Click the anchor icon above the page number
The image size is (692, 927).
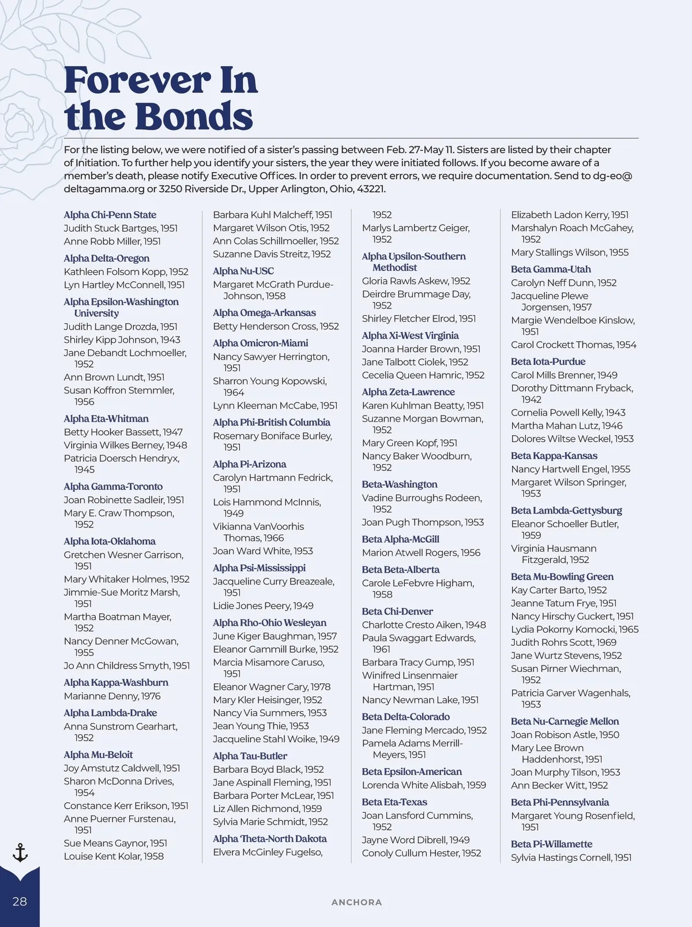20,853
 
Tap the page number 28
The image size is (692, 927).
20,901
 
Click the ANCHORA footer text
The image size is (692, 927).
356,902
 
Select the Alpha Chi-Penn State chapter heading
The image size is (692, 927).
110,215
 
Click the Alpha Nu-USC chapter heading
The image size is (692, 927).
243,271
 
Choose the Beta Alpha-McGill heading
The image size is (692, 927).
401,539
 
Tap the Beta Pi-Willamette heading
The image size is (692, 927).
551,844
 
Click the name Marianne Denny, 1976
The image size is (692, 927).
112,696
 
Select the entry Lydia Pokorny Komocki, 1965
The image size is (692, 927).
574,629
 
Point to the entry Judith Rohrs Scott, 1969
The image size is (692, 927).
563,642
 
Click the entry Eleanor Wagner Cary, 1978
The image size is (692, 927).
272,687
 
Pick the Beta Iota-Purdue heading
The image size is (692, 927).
548,361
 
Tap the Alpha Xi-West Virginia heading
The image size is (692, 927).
410,335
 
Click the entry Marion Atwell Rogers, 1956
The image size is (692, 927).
421,552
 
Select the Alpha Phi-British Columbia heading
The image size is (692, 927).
272,422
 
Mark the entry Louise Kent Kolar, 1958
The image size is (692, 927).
114,856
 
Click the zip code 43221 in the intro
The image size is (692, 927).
367,189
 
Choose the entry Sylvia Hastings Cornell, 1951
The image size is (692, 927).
571,857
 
